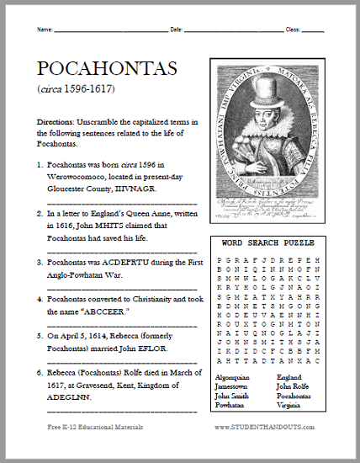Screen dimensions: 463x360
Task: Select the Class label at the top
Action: coord(294,30)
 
